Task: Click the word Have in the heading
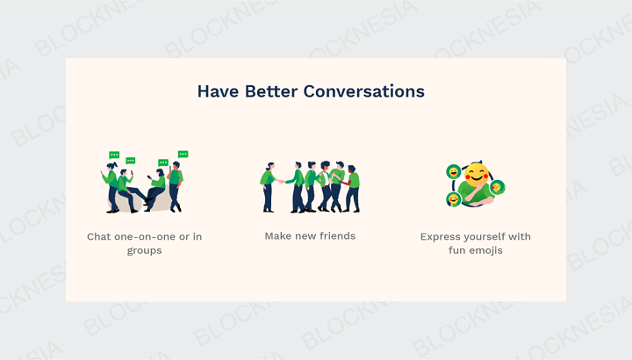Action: tap(218, 91)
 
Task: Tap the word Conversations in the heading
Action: tap(364, 91)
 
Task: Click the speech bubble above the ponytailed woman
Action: tap(114, 155)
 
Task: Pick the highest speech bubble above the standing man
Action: tap(183, 154)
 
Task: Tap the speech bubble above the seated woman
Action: tap(163, 162)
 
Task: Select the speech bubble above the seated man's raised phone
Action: tap(131, 161)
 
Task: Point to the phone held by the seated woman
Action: tap(149, 177)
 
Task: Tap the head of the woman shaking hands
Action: tap(270, 166)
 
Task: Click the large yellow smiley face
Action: tap(477, 175)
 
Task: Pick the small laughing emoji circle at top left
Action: tap(454, 172)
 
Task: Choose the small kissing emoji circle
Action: tap(497, 187)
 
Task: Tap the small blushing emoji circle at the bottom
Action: tap(454, 199)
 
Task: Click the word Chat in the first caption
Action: tap(99, 237)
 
